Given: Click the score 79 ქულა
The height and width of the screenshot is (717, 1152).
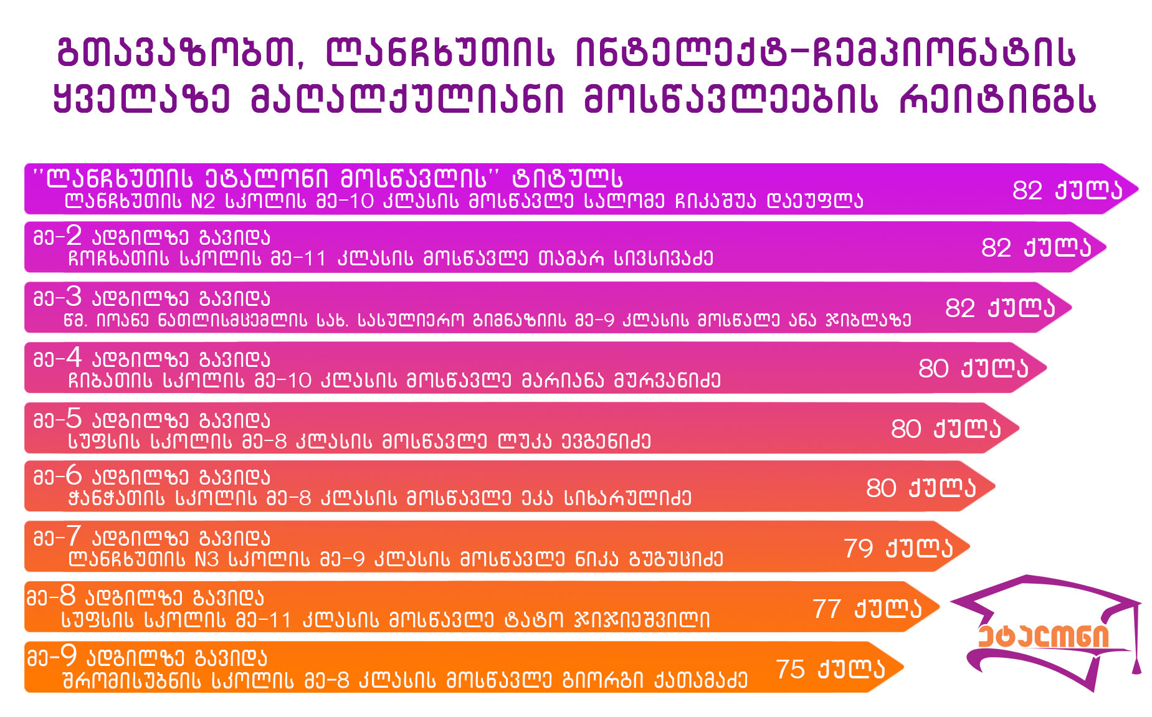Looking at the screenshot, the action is (898, 548).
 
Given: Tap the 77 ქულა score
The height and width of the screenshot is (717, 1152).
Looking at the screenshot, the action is (867, 609).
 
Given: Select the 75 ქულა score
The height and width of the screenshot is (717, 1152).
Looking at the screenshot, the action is (831, 669).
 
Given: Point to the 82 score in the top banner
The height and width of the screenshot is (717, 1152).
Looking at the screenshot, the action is (1027, 190).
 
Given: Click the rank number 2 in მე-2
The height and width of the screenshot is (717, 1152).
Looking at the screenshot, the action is (74, 235).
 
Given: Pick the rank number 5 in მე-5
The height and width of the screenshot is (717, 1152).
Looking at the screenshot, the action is (74, 418).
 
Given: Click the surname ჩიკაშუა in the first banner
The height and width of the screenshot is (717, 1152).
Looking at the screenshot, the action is (707, 201).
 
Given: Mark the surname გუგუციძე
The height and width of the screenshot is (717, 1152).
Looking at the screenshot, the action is (676, 559).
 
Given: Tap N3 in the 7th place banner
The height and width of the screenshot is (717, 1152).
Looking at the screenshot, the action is (206, 559).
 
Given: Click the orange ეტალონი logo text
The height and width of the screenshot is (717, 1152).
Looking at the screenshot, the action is (1043, 636).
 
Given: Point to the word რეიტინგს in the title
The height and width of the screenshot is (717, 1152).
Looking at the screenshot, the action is (997, 99).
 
